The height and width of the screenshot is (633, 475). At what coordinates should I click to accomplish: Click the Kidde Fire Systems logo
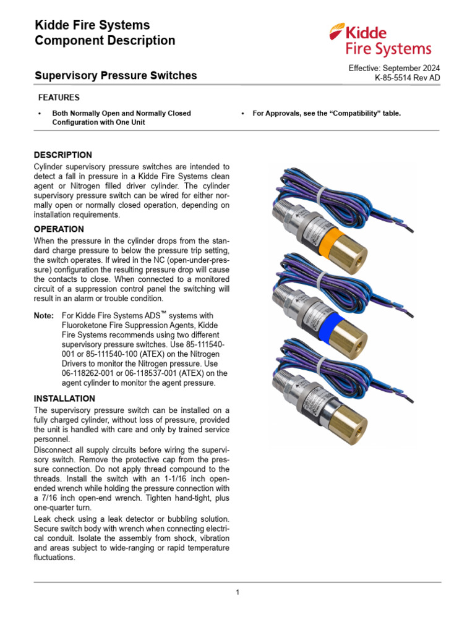[x=380, y=40]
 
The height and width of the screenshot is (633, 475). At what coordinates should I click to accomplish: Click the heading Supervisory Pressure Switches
[x=115, y=75]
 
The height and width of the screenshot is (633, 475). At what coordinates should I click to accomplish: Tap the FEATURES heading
[x=59, y=98]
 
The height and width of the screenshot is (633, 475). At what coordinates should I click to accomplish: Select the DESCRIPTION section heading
[x=62, y=155]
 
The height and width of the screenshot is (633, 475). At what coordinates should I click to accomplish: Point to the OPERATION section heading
[x=59, y=229]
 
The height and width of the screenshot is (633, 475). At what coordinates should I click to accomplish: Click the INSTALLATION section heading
[x=64, y=399]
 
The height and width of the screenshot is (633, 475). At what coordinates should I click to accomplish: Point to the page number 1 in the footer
[x=237, y=592]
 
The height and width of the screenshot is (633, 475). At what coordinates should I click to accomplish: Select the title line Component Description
[x=105, y=41]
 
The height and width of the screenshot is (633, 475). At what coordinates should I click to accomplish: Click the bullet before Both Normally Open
[x=40, y=114]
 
